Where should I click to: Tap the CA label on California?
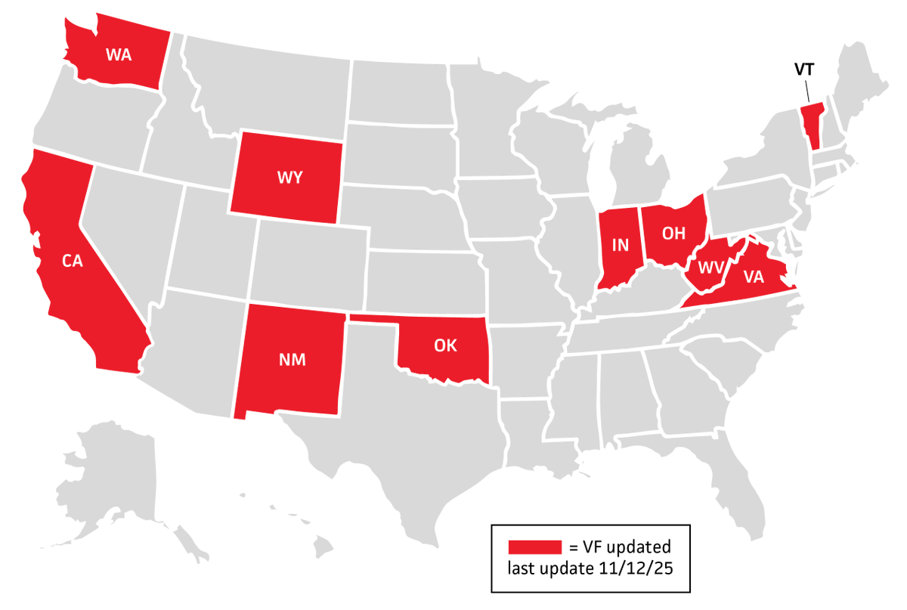[72, 262]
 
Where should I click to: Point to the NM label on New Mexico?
[292, 360]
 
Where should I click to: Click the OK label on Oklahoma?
[445, 345]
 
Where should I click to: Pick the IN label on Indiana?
[620, 245]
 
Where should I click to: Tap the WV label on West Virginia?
[710, 268]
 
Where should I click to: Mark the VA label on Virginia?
[753, 277]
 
